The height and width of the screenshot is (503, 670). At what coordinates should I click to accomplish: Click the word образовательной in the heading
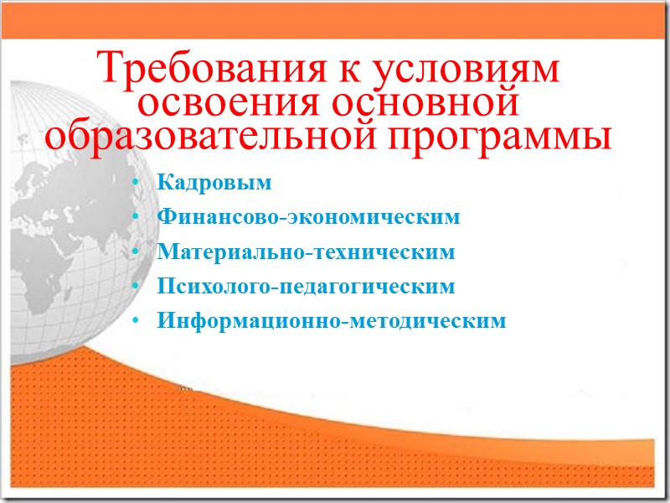pyautogui.click(x=202, y=137)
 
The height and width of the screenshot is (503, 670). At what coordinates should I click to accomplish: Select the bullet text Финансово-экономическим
pyautogui.click(x=308, y=218)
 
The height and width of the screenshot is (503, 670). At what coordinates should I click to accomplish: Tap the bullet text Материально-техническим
pyautogui.click(x=306, y=252)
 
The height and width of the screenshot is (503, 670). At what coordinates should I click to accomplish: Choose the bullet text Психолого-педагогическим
pyautogui.click(x=306, y=287)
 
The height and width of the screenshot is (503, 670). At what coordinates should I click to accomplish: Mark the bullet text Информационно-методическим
pyautogui.click(x=332, y=321)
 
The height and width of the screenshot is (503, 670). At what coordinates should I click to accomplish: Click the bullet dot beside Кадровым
pyautogui.click(x=137, y=184)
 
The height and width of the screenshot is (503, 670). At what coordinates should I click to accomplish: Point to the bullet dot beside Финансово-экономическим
pyautogui.click(x=137, y=218)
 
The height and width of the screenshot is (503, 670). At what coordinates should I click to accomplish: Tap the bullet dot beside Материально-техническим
pyautogui.click(x=137, y=252)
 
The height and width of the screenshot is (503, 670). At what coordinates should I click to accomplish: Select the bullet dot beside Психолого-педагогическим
pyautogui.click(x=137, y=287)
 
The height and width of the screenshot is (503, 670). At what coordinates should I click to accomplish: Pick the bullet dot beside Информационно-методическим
pyautogui.click(x=137, y=321)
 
